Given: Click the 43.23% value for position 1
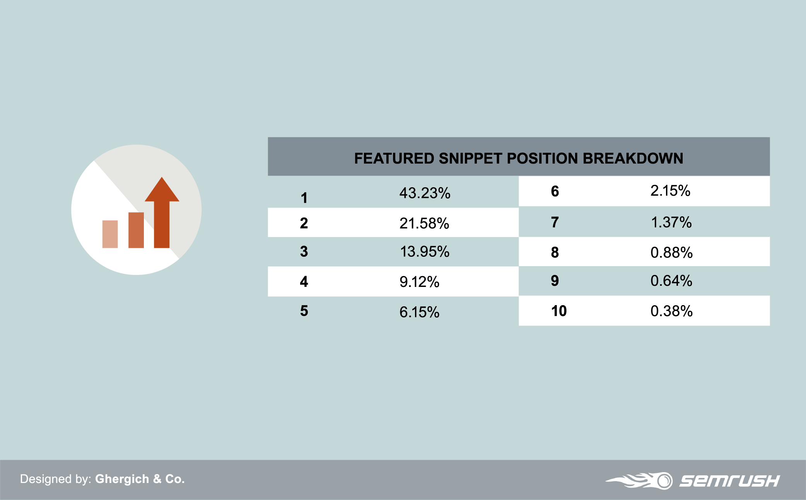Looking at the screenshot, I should [x=425, y=193].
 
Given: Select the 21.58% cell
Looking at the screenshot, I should [x=424, y=223].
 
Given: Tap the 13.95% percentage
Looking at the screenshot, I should [x=425, y=252].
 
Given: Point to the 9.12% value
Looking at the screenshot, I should [x=419, y=282].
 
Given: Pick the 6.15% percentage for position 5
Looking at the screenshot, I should [x=419, y=312].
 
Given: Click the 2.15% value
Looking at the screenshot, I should [x=670, y=191].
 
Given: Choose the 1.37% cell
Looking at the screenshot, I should [x=671, y=222].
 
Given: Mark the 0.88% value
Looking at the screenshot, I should [x=671, y=253].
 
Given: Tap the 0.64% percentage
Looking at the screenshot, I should [x=671, y=281].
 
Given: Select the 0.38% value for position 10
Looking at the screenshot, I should [x=671, y=311].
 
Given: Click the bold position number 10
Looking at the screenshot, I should [x=559, y=311].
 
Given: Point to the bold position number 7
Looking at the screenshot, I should [x=555, y=222].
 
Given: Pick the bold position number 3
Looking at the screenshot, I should [x=304, y=252].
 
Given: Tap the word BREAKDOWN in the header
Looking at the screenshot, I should [x=633, y=159].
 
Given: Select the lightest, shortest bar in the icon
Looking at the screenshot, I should [x=110, y=234].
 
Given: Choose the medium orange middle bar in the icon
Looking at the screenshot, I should [x=136, y=230].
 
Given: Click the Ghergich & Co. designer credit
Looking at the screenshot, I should [x=140, y=479].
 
